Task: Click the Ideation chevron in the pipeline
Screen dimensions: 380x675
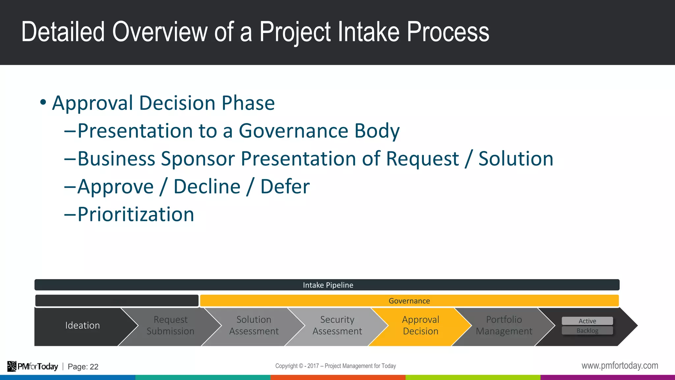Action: click(x=82, y=326)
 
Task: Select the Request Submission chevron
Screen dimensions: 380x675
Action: click(x=170, y=326)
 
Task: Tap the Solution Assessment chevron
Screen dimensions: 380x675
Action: click(x=254, y=326)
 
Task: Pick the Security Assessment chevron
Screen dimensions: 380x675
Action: click(x=337, y=326)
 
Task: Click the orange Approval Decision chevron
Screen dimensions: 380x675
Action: click(x=421, y=326)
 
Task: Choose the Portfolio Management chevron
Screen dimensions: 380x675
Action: click(x=504, y=326)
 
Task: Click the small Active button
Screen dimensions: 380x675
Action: click(x=587, y=321)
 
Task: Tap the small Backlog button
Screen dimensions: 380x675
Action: click(x=587, y=331)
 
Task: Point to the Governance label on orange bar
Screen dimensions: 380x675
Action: click(x=409, y=301)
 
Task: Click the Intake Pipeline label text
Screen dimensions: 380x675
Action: click(x=328, y=285)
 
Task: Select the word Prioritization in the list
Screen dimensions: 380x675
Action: click(x=136, y=214)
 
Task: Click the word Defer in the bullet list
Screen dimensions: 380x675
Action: click(x=285, y=187)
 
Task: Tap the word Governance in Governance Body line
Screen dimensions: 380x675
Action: click(x=293, y=131)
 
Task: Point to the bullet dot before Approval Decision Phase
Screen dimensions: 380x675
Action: click(x=43, y=102)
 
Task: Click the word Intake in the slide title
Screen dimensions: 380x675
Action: click(x=368, y=32)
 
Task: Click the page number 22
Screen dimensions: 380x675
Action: click(x=94, y=367)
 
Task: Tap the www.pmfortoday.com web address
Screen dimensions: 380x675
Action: click(x=620, y=365)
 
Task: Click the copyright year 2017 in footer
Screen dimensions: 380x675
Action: click(x=313, y=366)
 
